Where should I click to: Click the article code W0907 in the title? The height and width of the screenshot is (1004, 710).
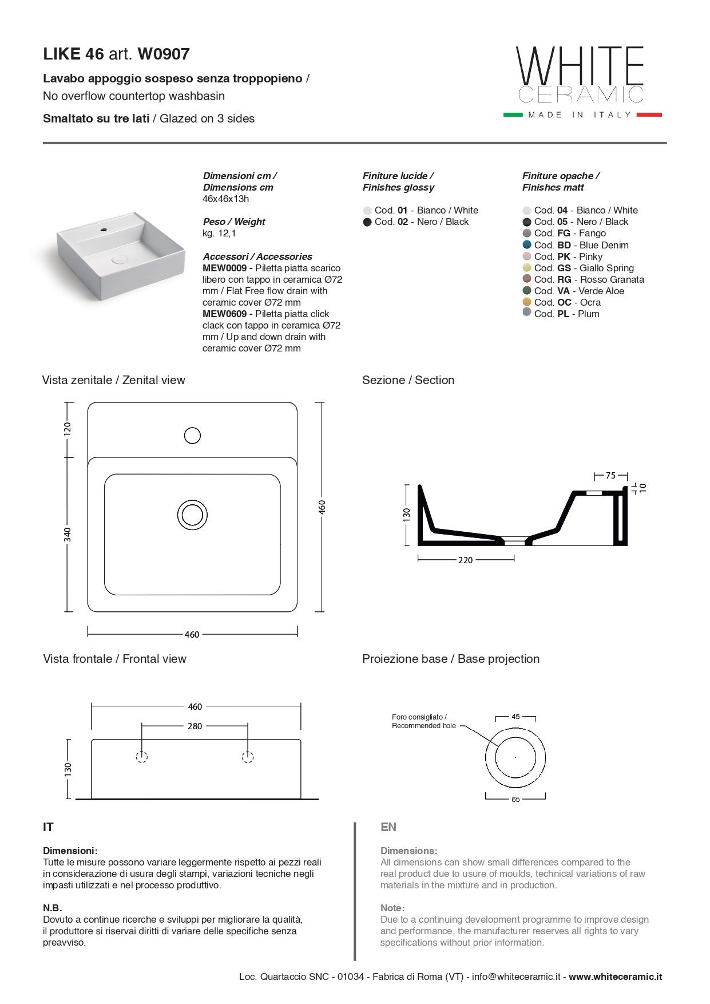click(164, 54)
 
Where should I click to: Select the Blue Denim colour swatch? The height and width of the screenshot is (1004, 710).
click(527, 245)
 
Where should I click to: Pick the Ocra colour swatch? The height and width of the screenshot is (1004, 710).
click(527, 302)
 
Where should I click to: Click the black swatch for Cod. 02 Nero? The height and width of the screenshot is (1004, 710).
click(367, 222)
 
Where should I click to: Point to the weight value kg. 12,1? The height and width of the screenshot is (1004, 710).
click(219, 234)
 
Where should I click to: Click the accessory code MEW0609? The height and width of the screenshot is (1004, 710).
click(224, 314)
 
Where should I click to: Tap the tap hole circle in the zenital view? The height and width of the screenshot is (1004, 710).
click(192, 436)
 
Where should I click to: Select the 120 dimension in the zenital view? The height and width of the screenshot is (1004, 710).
click(68, 429)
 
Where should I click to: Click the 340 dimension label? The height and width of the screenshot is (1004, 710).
click(68, 534)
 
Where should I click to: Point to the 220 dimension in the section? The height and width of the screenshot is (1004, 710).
click(465, 560)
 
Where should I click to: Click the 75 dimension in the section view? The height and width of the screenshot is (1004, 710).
click(610, 476)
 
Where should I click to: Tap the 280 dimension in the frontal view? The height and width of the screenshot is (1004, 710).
click(195, 726)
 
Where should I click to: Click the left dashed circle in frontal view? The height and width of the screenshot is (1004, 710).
click(142, 757)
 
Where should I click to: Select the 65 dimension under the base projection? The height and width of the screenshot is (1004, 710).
click(515, 799)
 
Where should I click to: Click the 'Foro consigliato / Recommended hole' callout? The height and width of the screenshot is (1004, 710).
click(423, 721)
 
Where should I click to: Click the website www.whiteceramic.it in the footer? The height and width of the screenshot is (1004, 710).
click(615, 977)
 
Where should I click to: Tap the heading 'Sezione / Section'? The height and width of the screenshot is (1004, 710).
click(408, 380)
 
